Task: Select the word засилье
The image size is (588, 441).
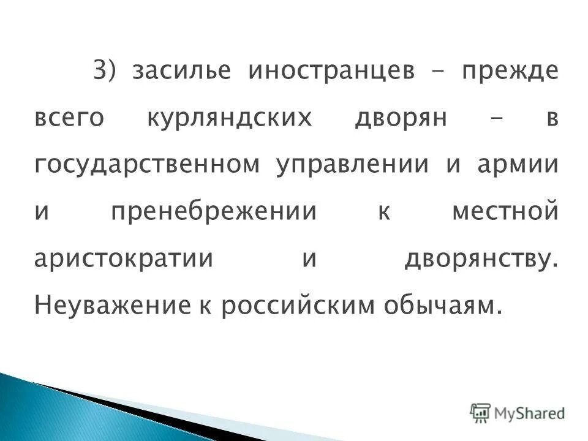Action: point(181,71)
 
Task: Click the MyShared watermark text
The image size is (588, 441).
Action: point(530,413)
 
